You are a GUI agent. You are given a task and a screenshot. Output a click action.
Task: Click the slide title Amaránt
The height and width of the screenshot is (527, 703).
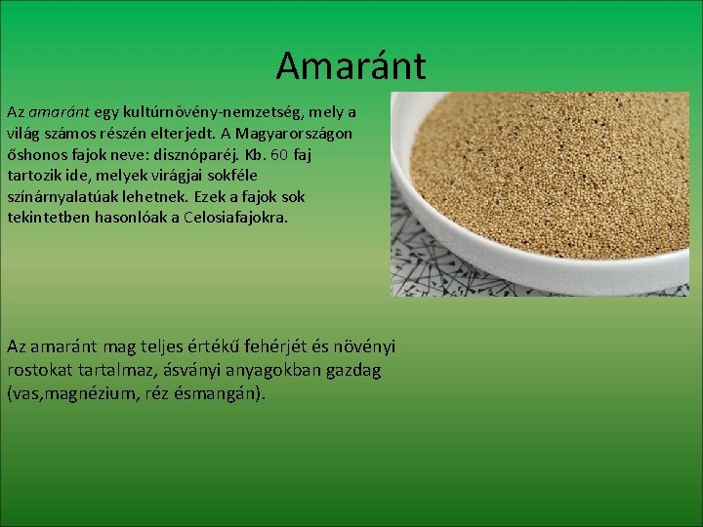(351, 66)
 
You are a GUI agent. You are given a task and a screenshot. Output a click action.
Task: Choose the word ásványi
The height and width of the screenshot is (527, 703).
(184, 371)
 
